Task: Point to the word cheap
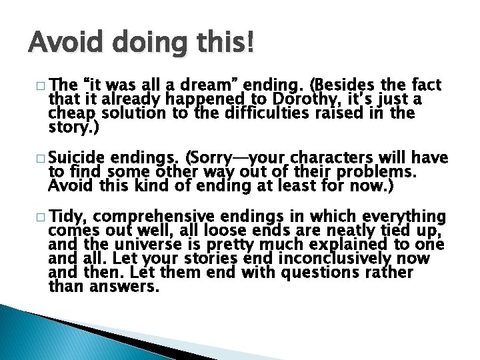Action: [x=69, y=114]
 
